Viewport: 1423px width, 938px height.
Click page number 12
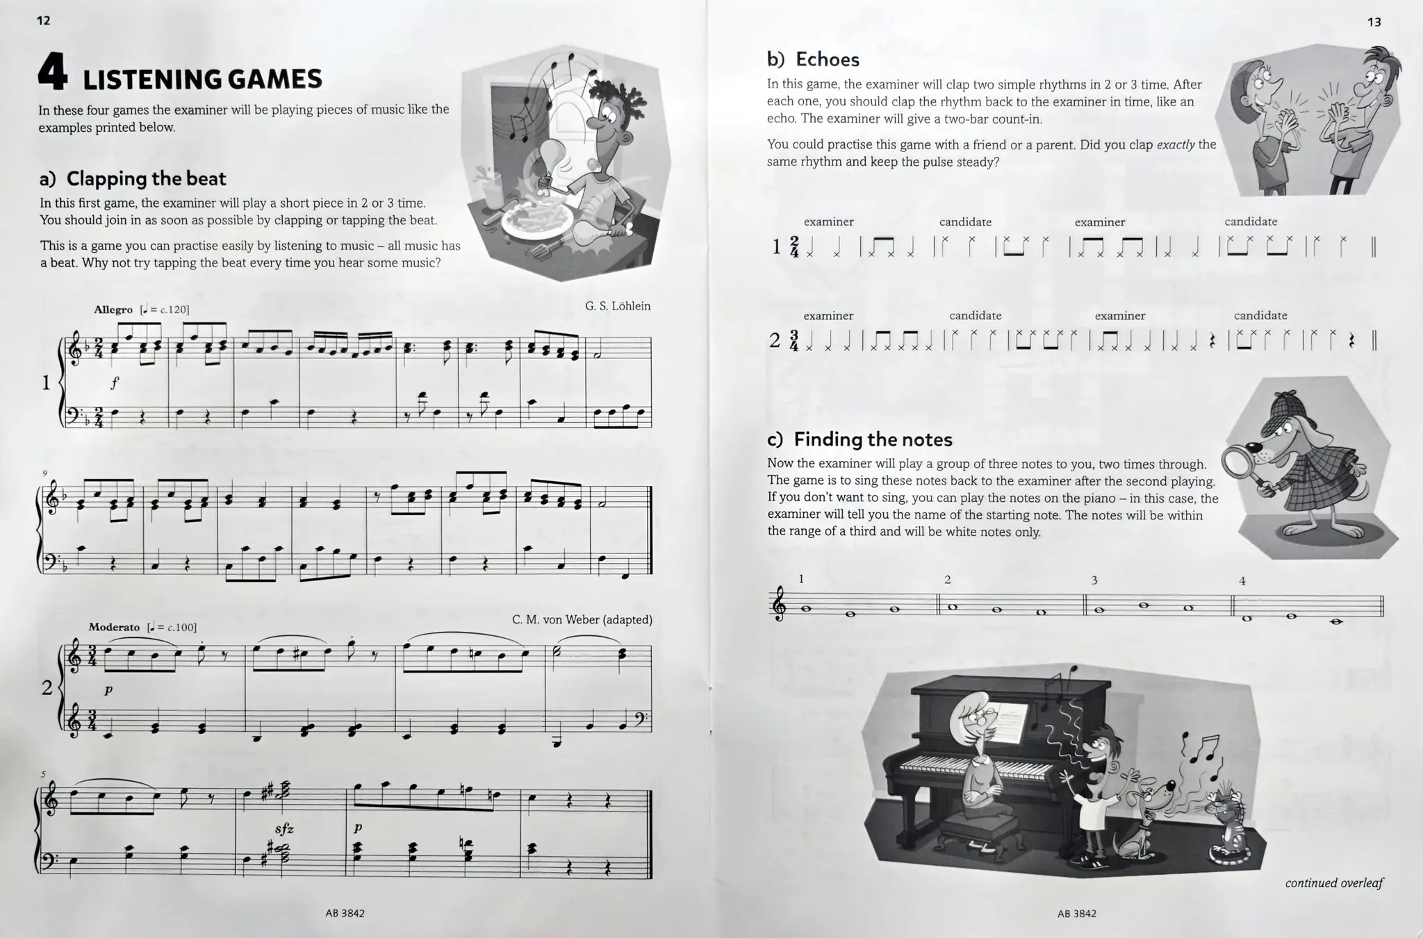click(x=44, y=21)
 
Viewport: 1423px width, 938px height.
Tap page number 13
click(x=1374, y=22)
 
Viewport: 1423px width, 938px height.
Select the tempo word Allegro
click(x=113, y=310)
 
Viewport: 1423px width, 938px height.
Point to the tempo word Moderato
click(x=114, y=627)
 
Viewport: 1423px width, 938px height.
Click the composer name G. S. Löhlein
click(x=617, y=306)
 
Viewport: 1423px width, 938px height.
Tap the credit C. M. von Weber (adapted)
click(x=582, y=619)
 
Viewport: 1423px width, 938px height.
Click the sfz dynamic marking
click(x=284, y=828)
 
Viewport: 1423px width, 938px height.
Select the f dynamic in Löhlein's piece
click(x=115, y=382)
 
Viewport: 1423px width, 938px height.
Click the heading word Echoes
click(x=827, y=60)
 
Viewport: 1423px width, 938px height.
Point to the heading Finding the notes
click(x=873, y=439)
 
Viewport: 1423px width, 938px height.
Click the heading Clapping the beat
click(x=146, y=178)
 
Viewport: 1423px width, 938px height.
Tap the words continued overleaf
click(x=1333, y=883)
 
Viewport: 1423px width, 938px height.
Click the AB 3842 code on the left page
click(x=345, y=914)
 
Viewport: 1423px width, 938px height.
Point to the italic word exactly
click(x=1176, y=144)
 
